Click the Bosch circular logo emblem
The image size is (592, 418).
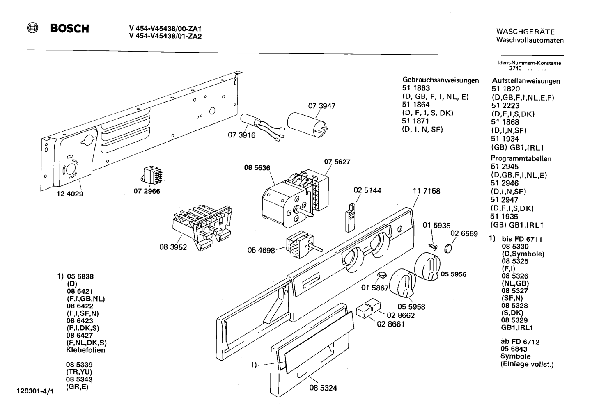click(x=32, y=28)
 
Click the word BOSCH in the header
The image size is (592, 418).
click(x=70, y=29)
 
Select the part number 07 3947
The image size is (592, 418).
click(x=321, y=106)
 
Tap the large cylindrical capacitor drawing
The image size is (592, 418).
click(x=307, y=125)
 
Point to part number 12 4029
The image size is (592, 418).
click(x=70, y=194)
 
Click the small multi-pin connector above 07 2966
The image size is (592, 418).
click(x=152, y=175)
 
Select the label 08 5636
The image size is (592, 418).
click(x=257, y=168)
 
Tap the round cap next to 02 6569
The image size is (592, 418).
click(x=448, y=249)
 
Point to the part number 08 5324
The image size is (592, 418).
click(x=323, y=388)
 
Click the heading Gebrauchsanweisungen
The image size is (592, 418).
click(x=441, y=80)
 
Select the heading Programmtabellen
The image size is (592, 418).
click(x=521, y=158)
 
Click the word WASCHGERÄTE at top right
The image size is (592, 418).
click(x=525, y=32)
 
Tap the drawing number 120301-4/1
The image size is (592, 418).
click(x=35, y=391)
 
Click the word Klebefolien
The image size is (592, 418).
click(x=86, y=350)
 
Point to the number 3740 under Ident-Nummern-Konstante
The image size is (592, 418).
click(x=515, y=69)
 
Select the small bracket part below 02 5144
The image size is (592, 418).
click(x=351, y=217)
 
